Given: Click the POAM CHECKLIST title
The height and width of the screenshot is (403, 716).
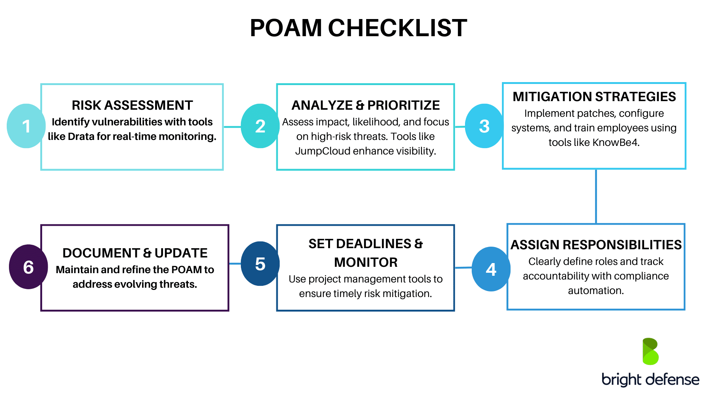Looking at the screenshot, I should click(358, 28).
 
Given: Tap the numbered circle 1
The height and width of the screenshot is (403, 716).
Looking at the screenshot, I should click(26, 126).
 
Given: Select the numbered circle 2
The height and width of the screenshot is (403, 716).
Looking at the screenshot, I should click(260, 126).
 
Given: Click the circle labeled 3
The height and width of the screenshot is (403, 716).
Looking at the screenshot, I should click(484, 126).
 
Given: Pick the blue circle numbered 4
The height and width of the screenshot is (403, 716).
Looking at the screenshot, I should click(491, 269).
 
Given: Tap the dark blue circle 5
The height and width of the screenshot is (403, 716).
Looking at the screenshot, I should click(260, 264).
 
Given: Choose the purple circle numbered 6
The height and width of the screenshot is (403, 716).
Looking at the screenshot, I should click(28, 267).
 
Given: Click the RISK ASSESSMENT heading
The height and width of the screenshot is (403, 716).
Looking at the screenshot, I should click(132, 105).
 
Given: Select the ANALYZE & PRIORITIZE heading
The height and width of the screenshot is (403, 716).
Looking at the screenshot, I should click(365, 105).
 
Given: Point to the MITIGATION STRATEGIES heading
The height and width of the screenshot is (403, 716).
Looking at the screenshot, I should click(594, 97).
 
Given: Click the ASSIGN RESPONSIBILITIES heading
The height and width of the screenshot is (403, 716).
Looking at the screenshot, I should click(596, 245).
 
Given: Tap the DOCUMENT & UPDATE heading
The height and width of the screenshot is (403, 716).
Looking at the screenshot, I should click(135, 253).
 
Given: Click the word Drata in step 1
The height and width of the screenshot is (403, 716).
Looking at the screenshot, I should click(81, 137).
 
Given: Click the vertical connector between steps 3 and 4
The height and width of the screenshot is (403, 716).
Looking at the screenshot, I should click(596, 197).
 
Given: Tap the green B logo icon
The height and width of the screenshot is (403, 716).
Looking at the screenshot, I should click(650, 352).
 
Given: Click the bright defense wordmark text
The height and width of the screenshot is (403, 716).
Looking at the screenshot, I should click(650, 379).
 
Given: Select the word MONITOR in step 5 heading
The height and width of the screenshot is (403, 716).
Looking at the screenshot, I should click(365, 262).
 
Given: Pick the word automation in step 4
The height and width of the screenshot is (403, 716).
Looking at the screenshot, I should click(596, 291).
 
